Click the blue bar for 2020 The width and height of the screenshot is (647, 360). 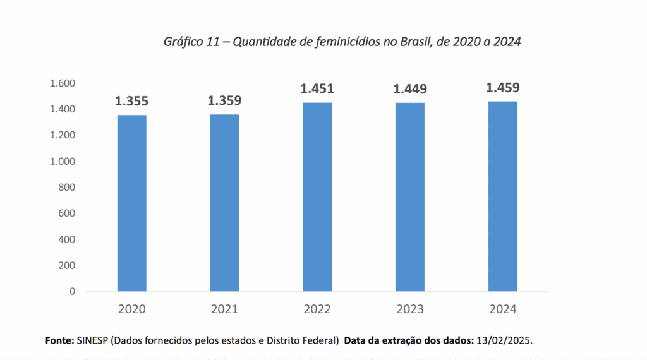click(x=131, y=203)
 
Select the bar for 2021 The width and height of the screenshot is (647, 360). click(x=224, y=203)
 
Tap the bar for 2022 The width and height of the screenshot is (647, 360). click(x=317, y=196)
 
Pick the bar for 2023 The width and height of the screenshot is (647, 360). click(x=410, y=196)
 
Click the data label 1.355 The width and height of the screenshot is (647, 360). click(x=131, y=101)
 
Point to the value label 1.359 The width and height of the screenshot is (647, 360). click(x=224, y=100)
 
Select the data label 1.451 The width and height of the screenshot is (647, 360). click(x=317, y=88)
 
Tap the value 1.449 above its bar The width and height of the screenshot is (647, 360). click(x=410, y=89)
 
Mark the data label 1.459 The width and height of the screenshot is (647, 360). click(x=503, y=88)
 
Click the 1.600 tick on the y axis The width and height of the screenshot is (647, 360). click(x=63, y=83)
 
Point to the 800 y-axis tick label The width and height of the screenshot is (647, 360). click(x=68, y=188)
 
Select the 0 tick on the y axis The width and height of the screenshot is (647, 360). click(x=72, y=292)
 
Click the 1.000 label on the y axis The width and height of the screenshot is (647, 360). click(x=63, y=162)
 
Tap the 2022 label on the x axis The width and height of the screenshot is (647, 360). click(x=317, y=309)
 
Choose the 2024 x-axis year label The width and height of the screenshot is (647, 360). click(x=503, y=309)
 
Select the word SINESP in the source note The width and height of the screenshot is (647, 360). click(x=93, y=340)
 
